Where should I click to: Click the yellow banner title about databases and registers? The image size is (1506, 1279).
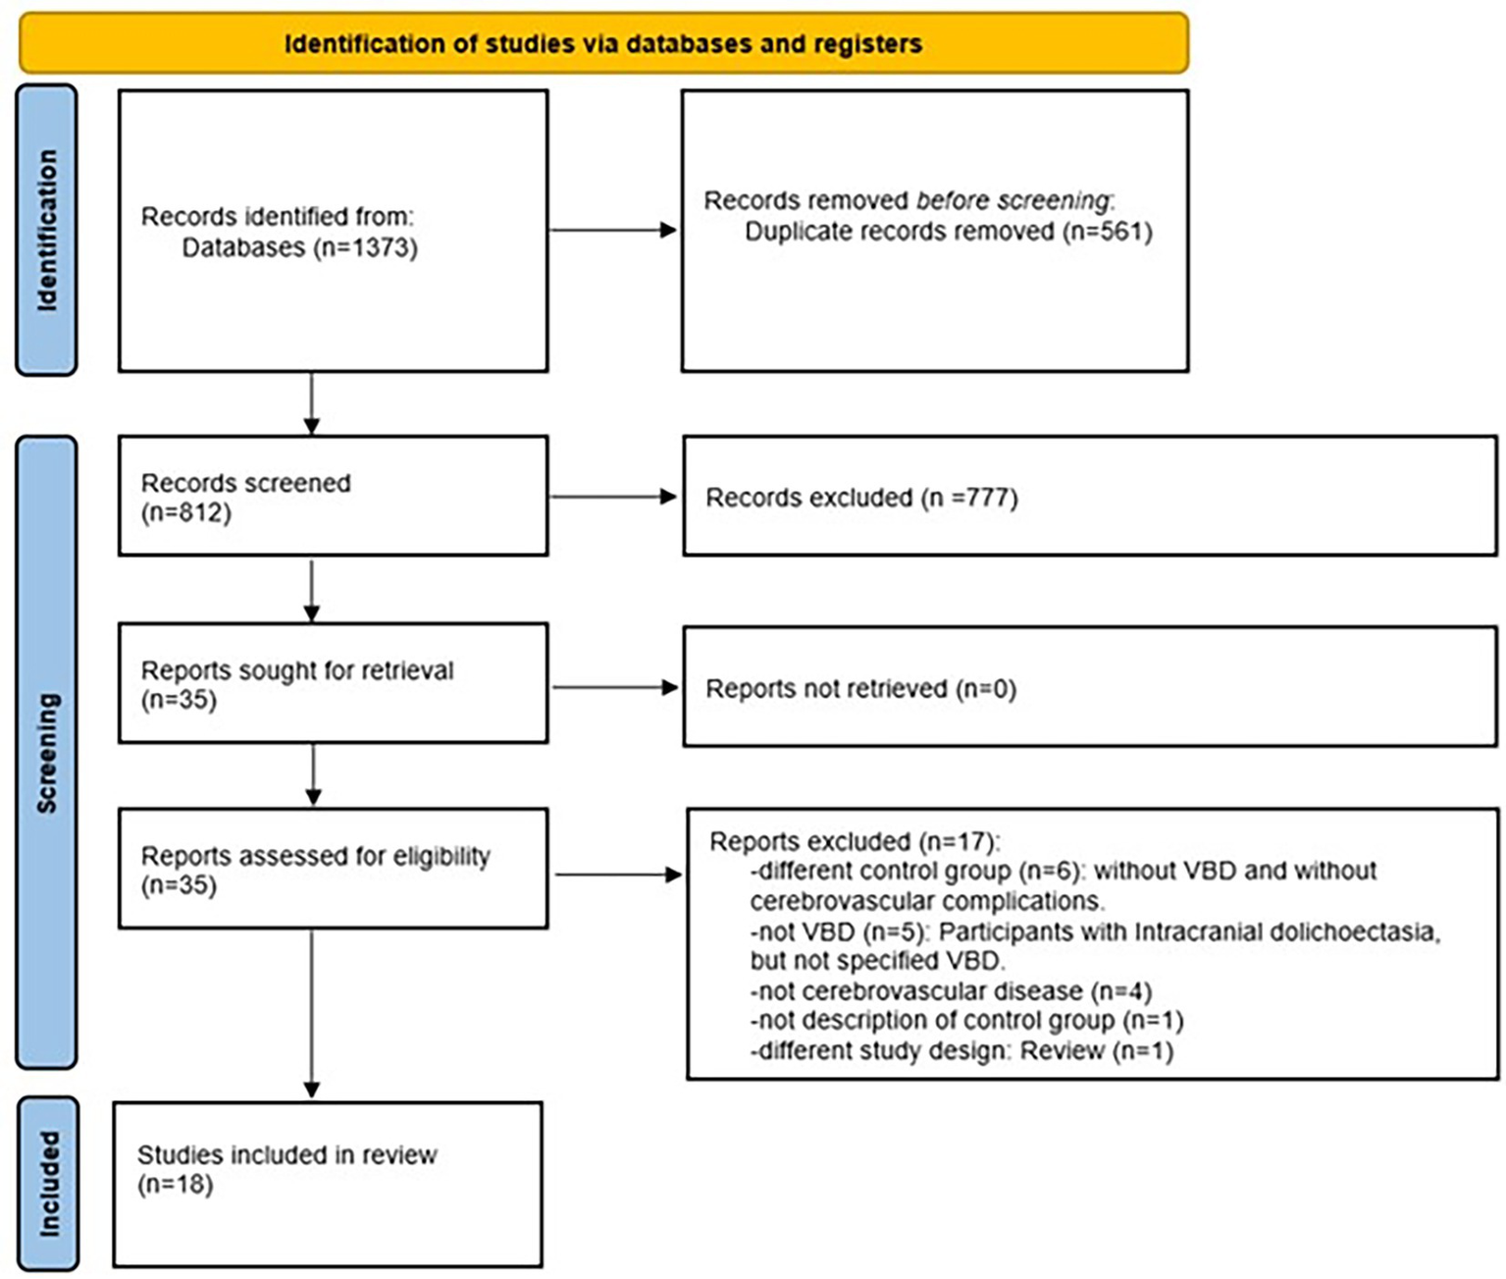click(x=602, y=44)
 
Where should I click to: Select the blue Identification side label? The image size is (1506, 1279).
click(x=46, y=231)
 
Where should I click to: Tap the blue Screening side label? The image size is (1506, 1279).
click(x=46, y=753)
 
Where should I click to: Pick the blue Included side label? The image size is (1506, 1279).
click(x=48, y=1184)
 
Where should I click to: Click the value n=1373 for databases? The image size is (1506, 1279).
click(x=366, y=247)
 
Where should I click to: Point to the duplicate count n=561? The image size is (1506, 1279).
click(x=1108, y=232)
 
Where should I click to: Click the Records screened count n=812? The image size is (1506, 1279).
click(x=186, y=512)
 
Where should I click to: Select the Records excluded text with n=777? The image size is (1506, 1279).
click(x=861, y=498)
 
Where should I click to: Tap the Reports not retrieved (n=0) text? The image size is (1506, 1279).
click(x=860, y=689)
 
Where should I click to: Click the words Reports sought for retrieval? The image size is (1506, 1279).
click(x=297, y=670)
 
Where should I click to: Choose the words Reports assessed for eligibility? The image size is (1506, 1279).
click(x=315, y=856)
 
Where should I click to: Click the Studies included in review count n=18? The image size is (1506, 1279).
click(x=175, y=1185)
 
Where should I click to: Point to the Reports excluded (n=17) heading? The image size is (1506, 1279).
click(x=854, y=842)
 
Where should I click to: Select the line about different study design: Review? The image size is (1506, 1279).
click(x=961, y=1051)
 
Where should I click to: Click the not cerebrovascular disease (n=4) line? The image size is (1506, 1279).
click(x=951, y=991)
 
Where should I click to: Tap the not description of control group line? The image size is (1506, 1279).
click(x=966, y=1021)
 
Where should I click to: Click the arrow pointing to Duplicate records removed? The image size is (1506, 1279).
click(x=613, y=231)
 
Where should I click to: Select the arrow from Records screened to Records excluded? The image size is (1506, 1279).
click(x=613, y=497)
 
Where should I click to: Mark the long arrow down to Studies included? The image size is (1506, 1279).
click(x=312, y=1011)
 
